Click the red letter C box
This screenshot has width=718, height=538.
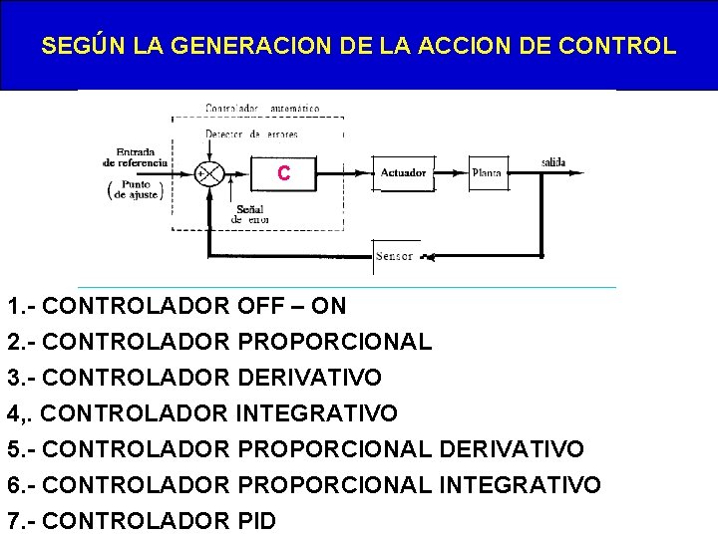[284, 173]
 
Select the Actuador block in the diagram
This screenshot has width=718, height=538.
[403, 172]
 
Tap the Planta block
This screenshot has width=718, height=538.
[486, 172]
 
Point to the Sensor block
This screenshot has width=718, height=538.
[395, 256]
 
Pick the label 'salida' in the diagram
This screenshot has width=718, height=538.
[554, 161]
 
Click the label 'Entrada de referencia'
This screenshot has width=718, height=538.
[136, 156]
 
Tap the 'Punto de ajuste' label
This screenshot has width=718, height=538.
[137, 189]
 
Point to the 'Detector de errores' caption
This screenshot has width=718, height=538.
[251, 134]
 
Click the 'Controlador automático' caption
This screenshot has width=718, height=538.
[261, 108]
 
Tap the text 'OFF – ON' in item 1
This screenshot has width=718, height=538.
[292, 306]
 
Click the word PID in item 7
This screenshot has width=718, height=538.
[257, 520]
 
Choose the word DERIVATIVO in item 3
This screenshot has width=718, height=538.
[310, 378]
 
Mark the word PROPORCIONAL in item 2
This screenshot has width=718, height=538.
[335, 342]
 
